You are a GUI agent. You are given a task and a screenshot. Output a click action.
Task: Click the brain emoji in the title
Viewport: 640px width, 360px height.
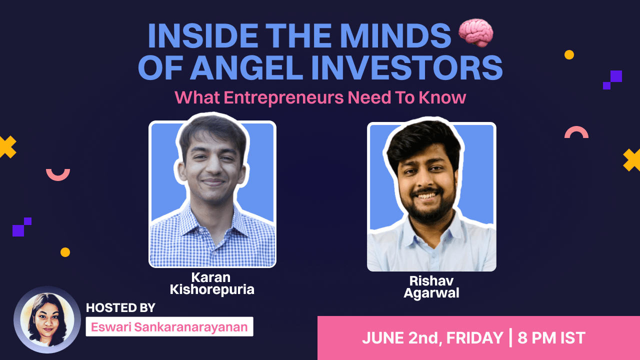pyautogui.click(x=475, y=33)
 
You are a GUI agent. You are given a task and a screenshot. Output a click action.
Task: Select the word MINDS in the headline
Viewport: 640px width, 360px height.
pyautogui.click(x=395, y=36)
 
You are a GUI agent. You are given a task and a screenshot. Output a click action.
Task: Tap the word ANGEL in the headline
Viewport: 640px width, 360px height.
pyautogui.click(x=246, y=67)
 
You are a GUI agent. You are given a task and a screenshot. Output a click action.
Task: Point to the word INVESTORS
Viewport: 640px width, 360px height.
pyautogui.click(x=407, y=67)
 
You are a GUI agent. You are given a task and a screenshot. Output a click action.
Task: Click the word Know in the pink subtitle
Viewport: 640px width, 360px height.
pyautogui.click(x=442, y=97)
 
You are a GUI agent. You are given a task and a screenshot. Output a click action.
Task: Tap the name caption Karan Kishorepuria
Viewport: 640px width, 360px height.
pyautogui.click(x=211, y=283)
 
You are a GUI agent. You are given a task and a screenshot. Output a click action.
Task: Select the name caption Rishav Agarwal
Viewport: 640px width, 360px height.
pyautogui.click(x=431, y=287)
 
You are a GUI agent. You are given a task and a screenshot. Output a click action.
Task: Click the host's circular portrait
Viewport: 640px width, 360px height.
pyautogui.click(x=47, y=319)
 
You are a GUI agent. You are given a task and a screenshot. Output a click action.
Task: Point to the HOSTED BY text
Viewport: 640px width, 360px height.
pyautogui.click(x=120, y=307)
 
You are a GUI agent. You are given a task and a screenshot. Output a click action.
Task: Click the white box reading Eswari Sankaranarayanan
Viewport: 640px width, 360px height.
pyautogui.click(x=169, y=326)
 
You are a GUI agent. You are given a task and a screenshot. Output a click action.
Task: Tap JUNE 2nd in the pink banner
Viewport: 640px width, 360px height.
pyautogui.click(x=399, y=338)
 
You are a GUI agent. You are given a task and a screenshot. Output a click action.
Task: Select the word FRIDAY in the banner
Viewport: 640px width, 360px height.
pyautogui.click(x=474, y=338)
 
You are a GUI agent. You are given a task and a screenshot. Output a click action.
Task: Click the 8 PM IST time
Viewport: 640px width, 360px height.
pyautogui.click(x=551, y=338)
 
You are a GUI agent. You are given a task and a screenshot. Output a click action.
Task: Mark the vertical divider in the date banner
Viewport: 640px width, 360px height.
pyautogui.click(x=510, y=338)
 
